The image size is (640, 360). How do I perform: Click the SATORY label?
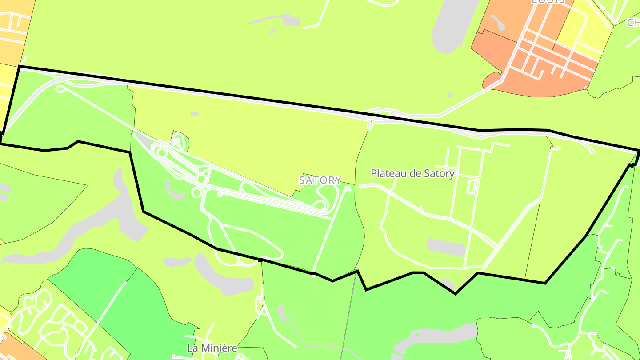(320, 180)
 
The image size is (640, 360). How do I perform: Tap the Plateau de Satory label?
(412, 173)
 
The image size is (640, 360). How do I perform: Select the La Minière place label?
(212, 348)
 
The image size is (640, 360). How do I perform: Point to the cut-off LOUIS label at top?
(548, 2)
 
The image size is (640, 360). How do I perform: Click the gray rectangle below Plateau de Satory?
(446, 247)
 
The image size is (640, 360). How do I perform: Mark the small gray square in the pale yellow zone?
(195, 114)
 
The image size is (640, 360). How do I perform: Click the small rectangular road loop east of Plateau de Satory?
(472, 187)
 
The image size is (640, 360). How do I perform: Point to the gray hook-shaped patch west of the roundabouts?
(172, 189)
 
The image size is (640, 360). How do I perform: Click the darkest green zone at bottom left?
(133, 307)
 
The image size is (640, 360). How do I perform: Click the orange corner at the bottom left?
(18, 349)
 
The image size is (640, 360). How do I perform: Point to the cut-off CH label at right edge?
(633, 22)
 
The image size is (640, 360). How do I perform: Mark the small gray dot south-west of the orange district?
(450, 95)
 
